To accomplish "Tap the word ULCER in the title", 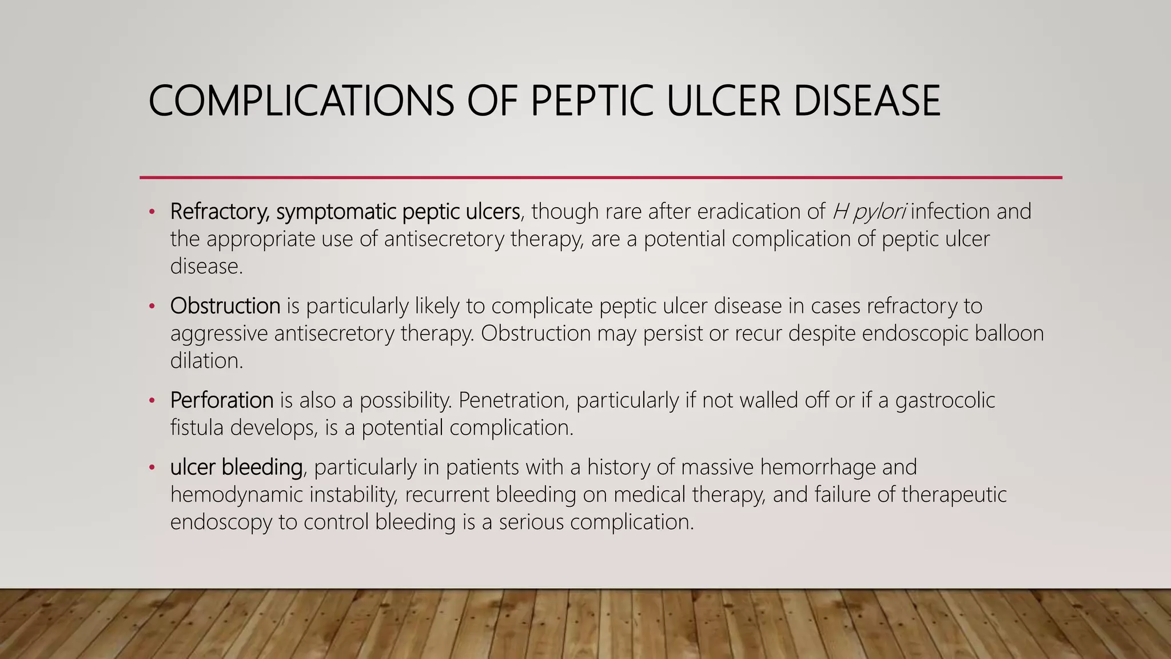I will (x=723, y=101).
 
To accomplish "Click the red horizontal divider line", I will (x=600, y=177).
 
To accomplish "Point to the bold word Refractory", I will (x=220, y=212).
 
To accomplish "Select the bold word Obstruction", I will (x=225, y=306).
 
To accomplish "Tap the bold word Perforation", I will (x=222, y=400).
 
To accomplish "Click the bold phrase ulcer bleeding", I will (x=236, y=467).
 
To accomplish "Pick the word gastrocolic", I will (x=945, y=400).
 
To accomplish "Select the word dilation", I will (x=206, y=360).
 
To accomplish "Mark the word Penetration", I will (x=513, y=400).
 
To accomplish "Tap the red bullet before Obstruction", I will (x=152, y=307).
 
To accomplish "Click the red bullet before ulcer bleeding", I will (x=152, y=469).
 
